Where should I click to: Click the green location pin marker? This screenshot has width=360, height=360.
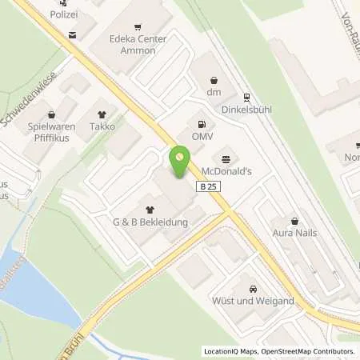pos(180,162)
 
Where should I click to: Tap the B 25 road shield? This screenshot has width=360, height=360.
pos(206,186)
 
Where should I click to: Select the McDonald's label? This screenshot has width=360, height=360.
pos(226,170)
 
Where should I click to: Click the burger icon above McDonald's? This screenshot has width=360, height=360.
pos(225,158)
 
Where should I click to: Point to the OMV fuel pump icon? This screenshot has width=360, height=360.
pos(201,124)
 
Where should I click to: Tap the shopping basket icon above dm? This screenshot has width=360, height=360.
pos(214,81)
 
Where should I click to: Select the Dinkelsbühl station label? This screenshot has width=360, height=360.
pos(248,107)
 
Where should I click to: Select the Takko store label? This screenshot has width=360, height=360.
pos(102,126)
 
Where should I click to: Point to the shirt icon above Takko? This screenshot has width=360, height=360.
pos(102,114)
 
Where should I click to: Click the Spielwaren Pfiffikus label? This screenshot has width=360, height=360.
pos(51,132)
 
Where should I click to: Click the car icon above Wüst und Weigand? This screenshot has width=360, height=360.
pos(253,289)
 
